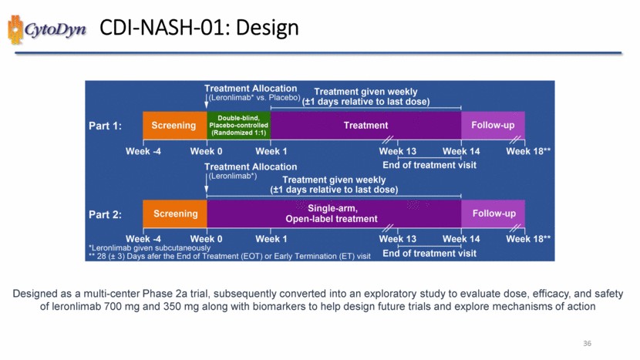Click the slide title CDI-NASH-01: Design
coord(200,29)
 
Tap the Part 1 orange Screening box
coord(174,125)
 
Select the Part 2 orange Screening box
coord(174,213)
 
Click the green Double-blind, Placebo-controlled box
coord(239,125)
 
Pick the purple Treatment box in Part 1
coord(365,125)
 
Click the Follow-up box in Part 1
coord(493,125)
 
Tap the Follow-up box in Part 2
coord(493,213)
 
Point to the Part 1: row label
coord(106,126)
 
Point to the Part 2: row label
coord(106,214)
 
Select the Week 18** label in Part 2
coord(528,239)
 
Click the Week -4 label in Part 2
coord(143,239)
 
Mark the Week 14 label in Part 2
coord(461,239)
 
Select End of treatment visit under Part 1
coord(429,164)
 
